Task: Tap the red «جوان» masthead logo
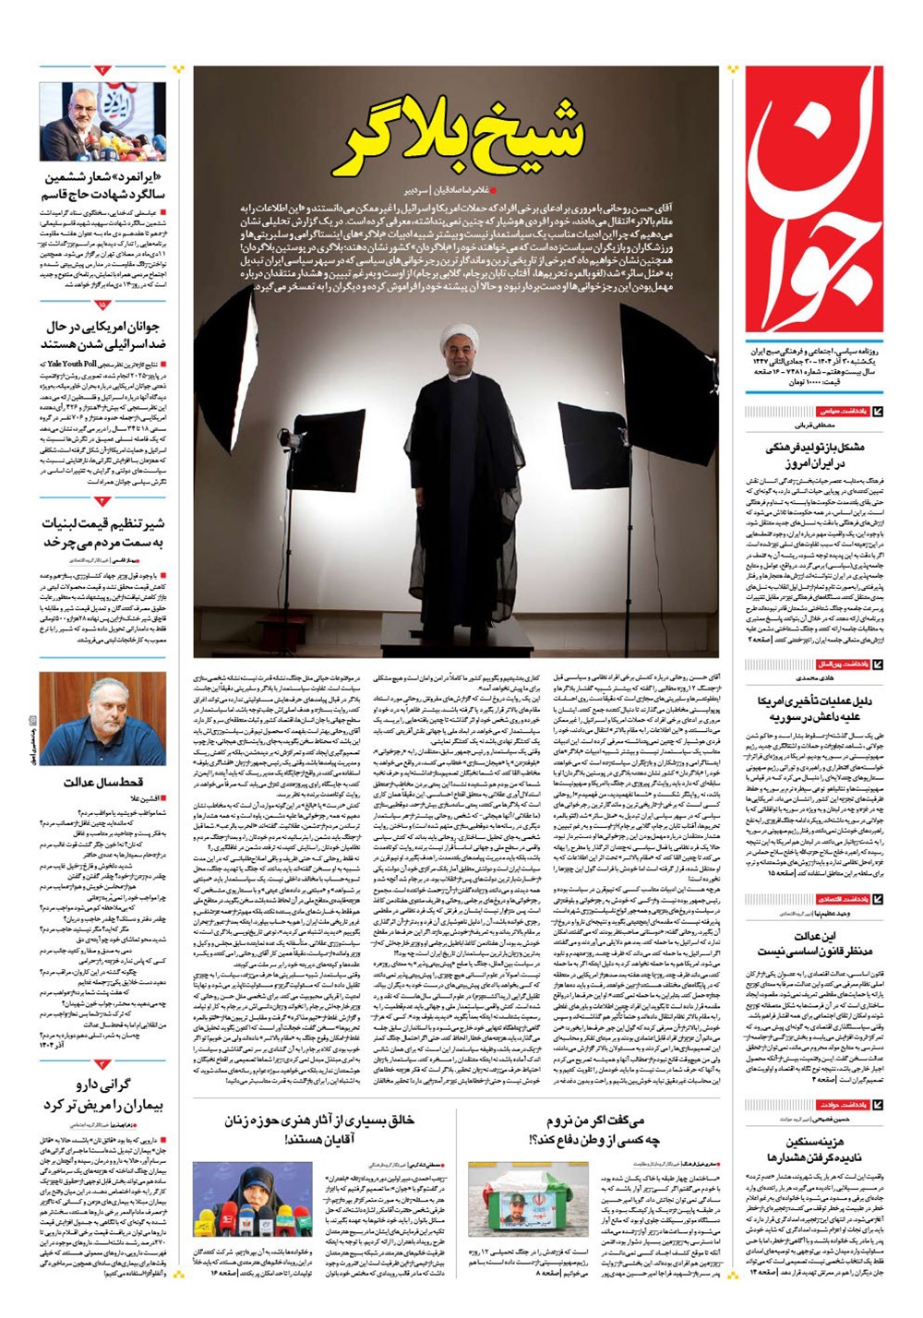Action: click(x=814, y=199)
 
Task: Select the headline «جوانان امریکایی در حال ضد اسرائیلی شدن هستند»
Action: click(x=103, y=335)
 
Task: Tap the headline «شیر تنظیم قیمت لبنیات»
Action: click(x=103, y=522)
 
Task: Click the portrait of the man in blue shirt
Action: click(x=102, y=719)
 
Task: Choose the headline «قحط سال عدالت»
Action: click(x=103, y=783)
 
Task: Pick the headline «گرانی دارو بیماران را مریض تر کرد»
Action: click(x=103, y=1095)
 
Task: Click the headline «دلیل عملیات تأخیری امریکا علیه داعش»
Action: click(x=814, y=708)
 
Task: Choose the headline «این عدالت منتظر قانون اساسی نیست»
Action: click(x=814, y=943)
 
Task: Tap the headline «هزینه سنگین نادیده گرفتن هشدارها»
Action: click(x=814, y=1148)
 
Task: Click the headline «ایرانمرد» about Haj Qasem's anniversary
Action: click(x=103, y=186)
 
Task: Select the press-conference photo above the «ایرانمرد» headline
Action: click(x=102, y=121)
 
